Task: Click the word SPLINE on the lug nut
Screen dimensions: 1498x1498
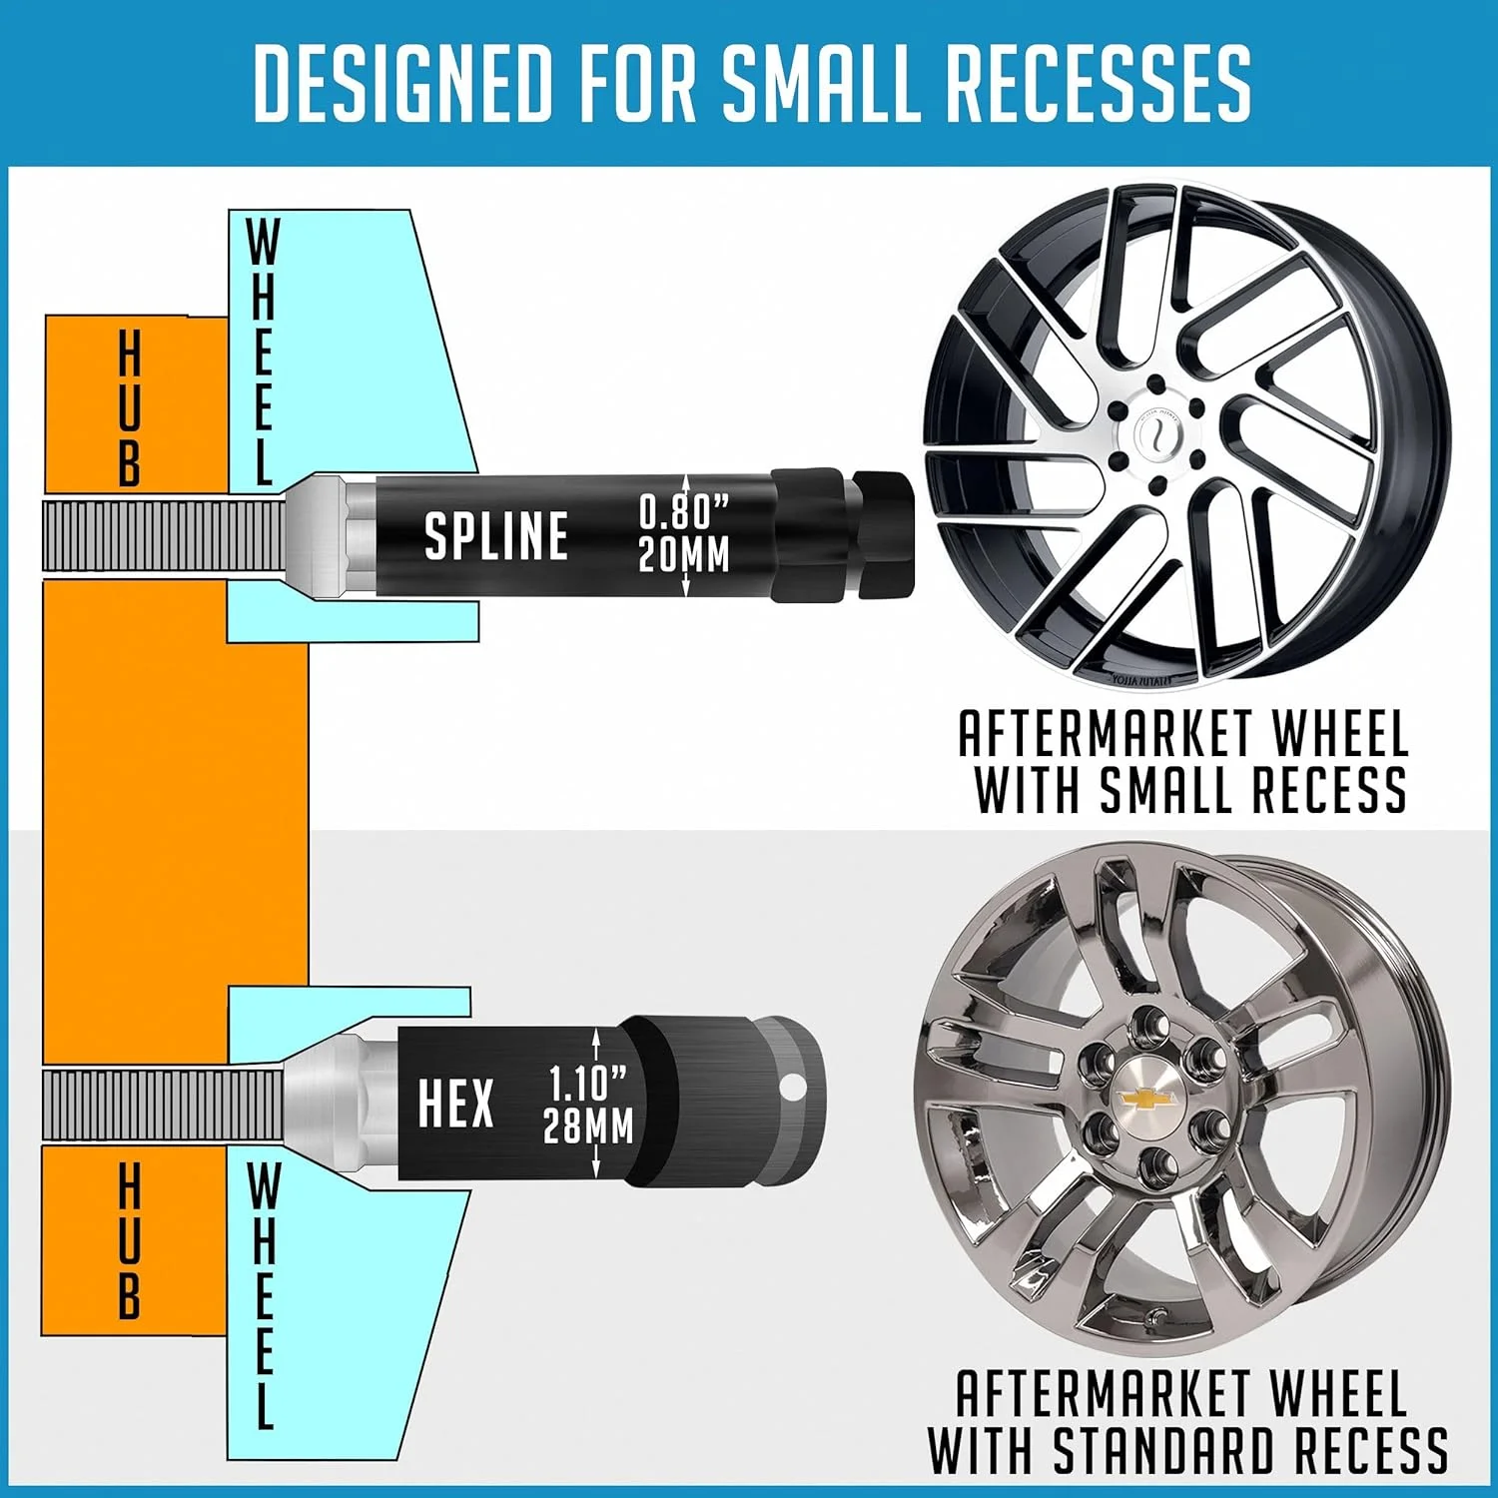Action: tap(496, 535)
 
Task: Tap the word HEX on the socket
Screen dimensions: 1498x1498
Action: tap(455, 1105)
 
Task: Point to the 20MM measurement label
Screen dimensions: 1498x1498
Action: tap(684, 554)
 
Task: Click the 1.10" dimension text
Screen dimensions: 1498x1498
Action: tap(589, 1083)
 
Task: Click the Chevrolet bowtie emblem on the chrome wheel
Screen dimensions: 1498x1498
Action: tap(1147, 1100)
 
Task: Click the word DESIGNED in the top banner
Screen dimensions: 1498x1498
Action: tap(402, 82)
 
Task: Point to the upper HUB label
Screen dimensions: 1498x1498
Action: tap(130, 409)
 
